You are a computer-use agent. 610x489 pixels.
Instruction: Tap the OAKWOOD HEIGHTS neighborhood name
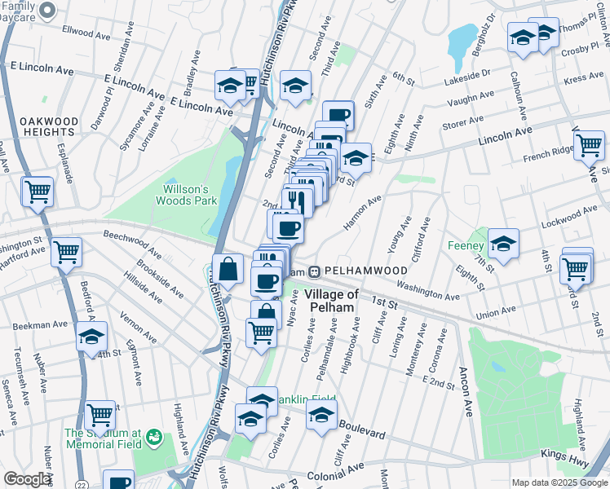coord(49,126)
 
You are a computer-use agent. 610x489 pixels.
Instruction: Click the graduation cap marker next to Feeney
coord(503,244)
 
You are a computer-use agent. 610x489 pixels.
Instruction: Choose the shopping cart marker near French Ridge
coord(588,146)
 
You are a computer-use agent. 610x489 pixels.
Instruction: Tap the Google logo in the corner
coord(28,479)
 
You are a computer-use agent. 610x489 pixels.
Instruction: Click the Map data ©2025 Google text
coord(559,482)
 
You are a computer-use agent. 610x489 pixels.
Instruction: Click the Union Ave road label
coord(498,311)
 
